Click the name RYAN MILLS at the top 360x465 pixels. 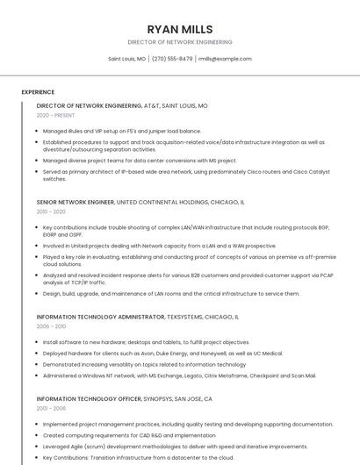pyautogui.click(x=180, y=29)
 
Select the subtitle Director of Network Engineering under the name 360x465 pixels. pyautogui.click(x=180, y=42)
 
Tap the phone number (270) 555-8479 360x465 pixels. pyautogui.click(x=172, y=59)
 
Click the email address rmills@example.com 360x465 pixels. pyautogui.click(x=225, y=59)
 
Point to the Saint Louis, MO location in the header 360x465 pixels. pyautogui.click(x=127, y=59)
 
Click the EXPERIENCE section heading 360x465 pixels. pyautogui.click(x=38, y=92)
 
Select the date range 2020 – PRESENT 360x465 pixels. pyautogui.click(x=56, y=115)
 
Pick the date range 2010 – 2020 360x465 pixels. pyautogui.click(x=51, y=211)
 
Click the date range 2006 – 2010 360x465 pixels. pyautogui.click(x=51, y=325)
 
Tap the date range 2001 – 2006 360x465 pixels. pyautogui.click(x=51, y=408)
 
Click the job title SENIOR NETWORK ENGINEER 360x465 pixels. pyautogui.click(x=76, y=202)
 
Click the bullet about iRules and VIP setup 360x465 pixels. pyautogui.click(x=122, y=131)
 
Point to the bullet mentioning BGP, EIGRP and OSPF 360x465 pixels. pyautogui.click(x=176, y=230)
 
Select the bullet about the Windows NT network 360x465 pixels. pyautogui.click(x=179, y=375)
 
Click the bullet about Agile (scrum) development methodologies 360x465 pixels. pyautogui.click(x=162, y=446)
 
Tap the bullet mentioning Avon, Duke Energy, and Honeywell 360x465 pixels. pyautogui.click(x=162, y=353)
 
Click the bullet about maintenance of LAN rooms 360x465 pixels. pyautogui.click(x=171, y=294)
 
